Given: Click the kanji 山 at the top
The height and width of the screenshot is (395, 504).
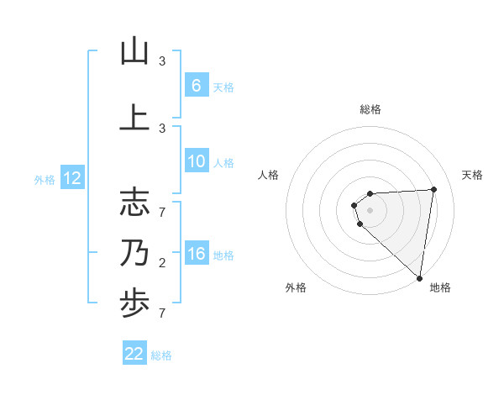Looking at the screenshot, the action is coord(134,51).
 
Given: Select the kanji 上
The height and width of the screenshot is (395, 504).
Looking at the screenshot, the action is coord(134,117).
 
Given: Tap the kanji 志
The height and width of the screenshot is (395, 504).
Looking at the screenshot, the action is coord(134,203).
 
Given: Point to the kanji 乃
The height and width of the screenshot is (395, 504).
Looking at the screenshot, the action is coord(134,254).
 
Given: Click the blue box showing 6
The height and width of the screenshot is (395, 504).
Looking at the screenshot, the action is coord(196,86).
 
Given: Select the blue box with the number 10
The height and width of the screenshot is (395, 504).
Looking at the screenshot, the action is coord(196,162).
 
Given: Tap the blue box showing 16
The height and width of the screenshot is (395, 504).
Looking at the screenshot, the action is coord(196,254).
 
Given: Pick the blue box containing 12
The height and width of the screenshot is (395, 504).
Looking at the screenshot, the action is coord(71,178).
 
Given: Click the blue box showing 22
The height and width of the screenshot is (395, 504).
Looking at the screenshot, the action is coord(134,354).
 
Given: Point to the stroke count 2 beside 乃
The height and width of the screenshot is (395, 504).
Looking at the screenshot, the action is coord(162,264).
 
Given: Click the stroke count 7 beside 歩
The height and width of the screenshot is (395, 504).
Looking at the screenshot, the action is coord(162,313).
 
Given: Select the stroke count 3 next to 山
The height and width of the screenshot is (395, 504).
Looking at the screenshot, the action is coord(162,61).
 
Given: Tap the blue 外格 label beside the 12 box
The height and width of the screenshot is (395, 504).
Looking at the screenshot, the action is coord(44,179).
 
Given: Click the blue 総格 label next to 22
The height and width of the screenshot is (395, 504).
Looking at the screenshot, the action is coord(161,355).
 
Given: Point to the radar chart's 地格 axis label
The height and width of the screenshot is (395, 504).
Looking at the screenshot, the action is coord(440,288).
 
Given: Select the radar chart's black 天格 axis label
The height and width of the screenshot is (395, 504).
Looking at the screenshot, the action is coord(473,175).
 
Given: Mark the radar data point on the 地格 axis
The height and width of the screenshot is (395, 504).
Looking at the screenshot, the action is coord(419,278).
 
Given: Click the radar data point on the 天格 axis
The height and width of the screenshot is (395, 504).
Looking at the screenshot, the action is coord(434,189).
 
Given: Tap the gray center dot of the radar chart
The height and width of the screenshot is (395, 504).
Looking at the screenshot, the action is coord(370,210).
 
